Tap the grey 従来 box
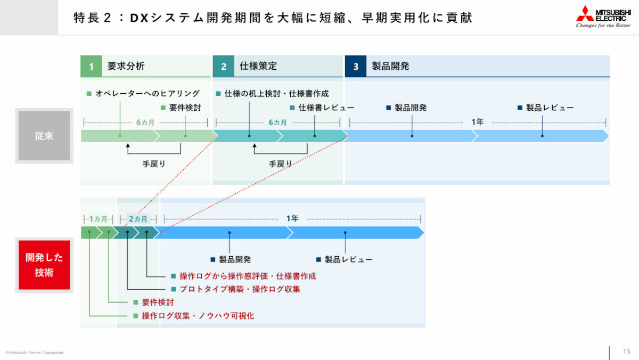click(44, 136)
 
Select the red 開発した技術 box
click(44, 265)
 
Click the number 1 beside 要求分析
click(91, 67)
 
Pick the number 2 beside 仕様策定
click(224, 67)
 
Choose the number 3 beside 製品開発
click(356, 67)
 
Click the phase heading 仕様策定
click(258, 67)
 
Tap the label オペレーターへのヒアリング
click(148, 94)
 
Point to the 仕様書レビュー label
click(326, 108)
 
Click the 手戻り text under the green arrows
click(154, 164)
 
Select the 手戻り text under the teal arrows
click(280, 164)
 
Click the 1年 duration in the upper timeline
click(477, 122)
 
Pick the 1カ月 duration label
click(98, 219)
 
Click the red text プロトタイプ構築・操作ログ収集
click(240, 289)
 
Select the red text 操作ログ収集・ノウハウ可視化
click(198, 316)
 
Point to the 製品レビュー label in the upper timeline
click(550, 108)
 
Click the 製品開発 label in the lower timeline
click(234, 259)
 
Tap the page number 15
click(627, 351)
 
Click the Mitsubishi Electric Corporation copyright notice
click(34, 353)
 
